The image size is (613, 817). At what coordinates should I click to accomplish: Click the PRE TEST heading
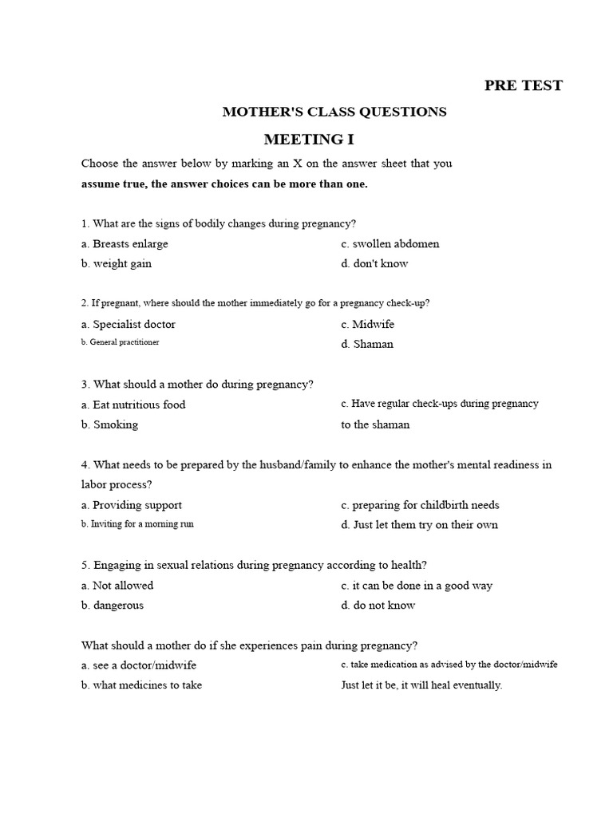(523, 85)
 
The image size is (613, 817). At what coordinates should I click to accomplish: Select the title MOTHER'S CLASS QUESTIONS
(334, 112)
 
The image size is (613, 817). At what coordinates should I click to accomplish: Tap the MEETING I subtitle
(308, 140)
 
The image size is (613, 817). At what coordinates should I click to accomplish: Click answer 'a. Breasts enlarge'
(125, 244)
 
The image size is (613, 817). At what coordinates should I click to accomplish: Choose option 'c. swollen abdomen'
(390, 244)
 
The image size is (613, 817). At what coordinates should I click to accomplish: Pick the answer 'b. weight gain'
(117, 263)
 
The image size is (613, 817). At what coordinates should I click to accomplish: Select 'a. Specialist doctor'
(129, 325)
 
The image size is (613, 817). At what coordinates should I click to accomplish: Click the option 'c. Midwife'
(367, 325)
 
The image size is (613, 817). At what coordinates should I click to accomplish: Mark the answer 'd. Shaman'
(367, 345)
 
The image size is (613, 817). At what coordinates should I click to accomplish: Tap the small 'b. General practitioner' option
(120, 342)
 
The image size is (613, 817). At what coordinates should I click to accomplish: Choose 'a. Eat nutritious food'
(133, 405)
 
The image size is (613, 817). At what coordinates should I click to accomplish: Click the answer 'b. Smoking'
(109, 424)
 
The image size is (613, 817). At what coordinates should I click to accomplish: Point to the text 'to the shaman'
(375, 424)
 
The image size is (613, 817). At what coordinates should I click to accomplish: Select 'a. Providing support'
(132, 505)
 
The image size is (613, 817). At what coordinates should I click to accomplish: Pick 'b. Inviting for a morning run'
(137, 524)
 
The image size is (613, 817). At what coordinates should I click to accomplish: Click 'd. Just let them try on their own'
(419, 525)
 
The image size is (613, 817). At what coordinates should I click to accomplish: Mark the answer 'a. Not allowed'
(117, 586)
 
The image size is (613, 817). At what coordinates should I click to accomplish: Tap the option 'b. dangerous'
(113, 605)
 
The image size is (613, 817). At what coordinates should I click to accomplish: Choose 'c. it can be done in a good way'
(417, 586)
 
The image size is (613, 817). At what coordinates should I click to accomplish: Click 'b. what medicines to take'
(141, 685)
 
